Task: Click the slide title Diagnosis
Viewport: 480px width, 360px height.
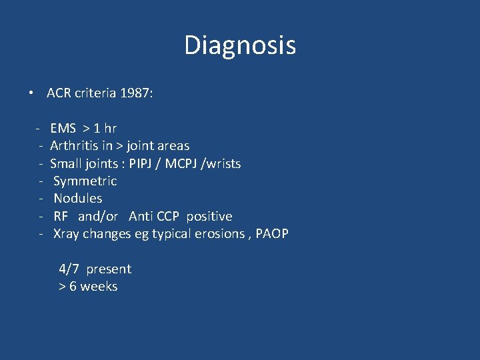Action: coord(240,45)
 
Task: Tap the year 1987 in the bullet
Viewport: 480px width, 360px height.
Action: coord(137,93)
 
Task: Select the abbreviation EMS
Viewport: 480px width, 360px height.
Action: coord(63,128)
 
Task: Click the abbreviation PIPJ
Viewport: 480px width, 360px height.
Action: coord(143,163)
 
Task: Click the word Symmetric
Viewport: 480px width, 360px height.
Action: coord(85,181)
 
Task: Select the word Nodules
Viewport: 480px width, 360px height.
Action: coord(77,198)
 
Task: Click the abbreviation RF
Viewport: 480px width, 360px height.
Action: coord(61,216)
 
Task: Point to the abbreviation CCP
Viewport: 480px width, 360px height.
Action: coord(168,216)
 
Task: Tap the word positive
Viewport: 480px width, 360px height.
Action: coord(209,216)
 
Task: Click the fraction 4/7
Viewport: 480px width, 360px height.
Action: coord(69,269)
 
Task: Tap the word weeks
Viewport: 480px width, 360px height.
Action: coord(99,287)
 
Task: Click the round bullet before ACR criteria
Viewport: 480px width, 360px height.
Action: coord(32,93)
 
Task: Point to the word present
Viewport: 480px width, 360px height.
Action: coord(109,269)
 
